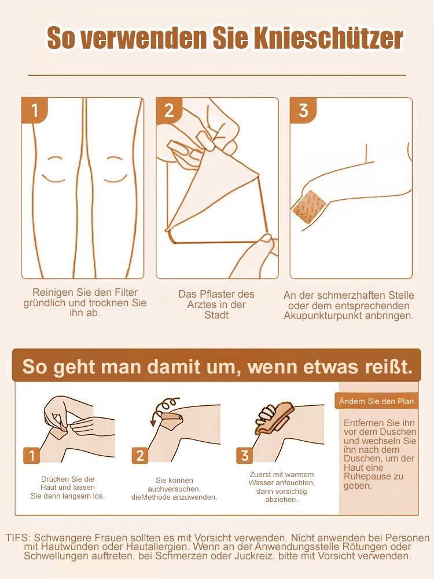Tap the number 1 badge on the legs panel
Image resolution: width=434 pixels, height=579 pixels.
coord(35,110)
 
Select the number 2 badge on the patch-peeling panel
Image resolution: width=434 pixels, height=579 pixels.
coord(169,110)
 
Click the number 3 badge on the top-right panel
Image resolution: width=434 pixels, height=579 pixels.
coord(303,110)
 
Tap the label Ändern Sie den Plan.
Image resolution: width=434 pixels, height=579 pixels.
coord(377,401)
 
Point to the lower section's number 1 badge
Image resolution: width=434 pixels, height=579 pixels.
coord(32,456)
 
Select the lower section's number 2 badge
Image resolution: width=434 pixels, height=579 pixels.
coord(139,456)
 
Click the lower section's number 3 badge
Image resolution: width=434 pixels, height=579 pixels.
coord(245,456)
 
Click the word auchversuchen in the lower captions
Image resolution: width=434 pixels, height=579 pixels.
coord(174,489)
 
